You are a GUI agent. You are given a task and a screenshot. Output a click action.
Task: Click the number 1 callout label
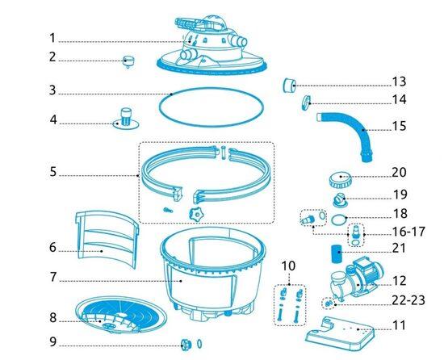point(52,38)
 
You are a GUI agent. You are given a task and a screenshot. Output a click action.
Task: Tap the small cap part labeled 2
point(128,61)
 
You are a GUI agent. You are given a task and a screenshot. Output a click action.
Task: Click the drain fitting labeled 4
point(126,119)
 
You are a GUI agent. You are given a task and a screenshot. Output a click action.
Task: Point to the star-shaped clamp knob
point(196,214)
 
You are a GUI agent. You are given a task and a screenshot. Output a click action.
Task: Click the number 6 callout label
point(52,247)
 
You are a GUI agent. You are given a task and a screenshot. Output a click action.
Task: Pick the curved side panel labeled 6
point(107,239)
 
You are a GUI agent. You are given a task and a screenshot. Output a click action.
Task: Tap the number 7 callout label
point(52,277)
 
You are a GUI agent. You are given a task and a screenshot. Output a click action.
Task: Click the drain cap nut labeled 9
point(186,345)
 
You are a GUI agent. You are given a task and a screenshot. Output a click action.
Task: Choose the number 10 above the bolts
point(288,266)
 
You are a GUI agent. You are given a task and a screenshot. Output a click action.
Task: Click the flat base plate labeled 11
point(340,333)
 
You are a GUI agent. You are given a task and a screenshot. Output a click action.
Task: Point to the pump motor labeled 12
point(356,280)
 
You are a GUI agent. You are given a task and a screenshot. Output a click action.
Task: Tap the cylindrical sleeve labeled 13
point(289,86)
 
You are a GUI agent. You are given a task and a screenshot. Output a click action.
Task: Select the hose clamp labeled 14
point(306,103)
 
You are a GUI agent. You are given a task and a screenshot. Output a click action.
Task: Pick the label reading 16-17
point(408,232)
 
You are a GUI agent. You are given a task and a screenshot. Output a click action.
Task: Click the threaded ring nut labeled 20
point(341,180)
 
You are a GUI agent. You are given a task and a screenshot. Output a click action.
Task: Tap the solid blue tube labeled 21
point(337,254)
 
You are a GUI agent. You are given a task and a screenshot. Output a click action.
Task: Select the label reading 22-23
point(408,299)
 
